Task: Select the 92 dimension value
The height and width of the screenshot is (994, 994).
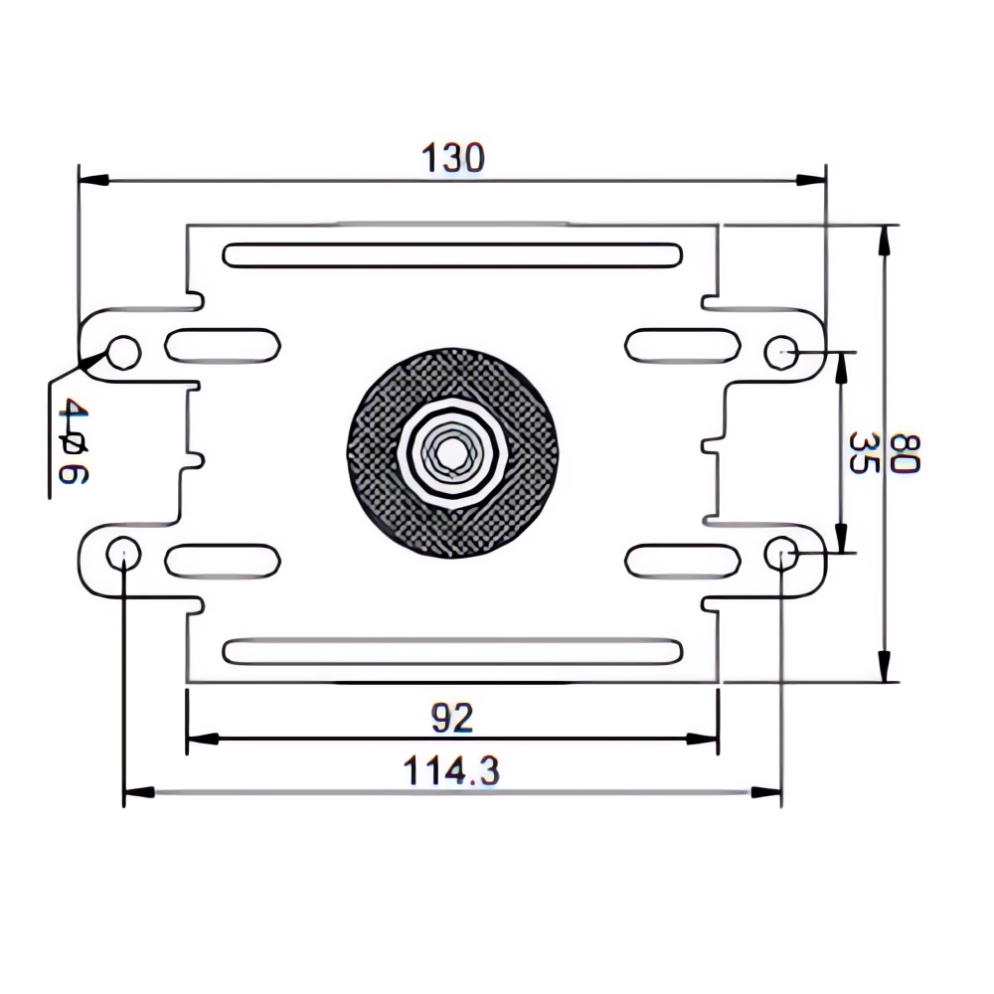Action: pos(452,717)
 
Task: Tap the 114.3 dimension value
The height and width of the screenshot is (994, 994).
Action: pos(452,771)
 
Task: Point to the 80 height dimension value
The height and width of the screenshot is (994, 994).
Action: pos(908,453)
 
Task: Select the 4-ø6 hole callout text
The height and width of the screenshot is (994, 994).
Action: pos(72,440)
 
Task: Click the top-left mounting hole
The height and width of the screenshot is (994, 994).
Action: pos(124,352)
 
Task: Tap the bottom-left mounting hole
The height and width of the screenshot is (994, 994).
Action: pos(123,552)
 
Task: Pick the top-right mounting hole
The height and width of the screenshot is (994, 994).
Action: pos(781,352)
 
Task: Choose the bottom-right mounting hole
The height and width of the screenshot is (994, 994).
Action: pos(781,552)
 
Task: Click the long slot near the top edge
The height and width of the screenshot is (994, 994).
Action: pos(452,254)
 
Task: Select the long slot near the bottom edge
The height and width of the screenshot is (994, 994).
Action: pos(452,651)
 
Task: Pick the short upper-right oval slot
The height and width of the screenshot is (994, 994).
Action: pos(682,345)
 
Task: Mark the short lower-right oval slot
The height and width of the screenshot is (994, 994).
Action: pos(682,560)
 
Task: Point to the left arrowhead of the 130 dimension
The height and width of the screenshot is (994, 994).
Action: pos(91,181)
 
